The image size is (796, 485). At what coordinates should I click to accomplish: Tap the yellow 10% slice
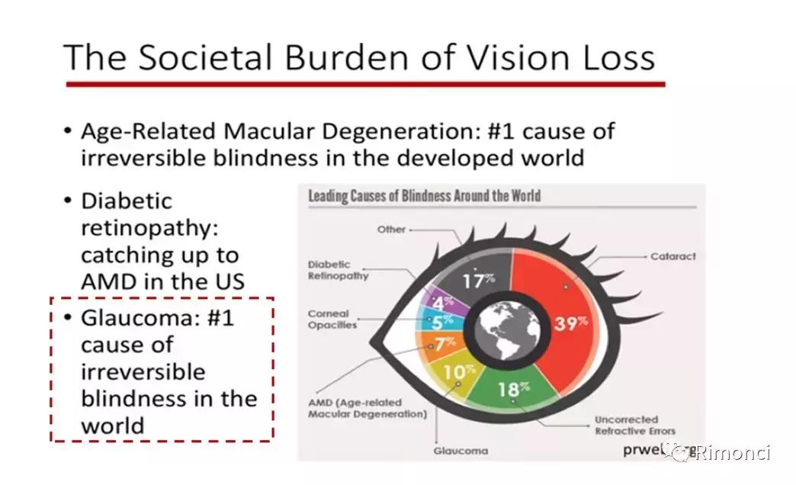[454, 377]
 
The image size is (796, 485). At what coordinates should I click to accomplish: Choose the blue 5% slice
[440, 321]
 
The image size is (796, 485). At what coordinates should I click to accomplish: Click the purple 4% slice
[445, 302]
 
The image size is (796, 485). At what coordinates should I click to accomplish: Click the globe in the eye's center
[508, 329]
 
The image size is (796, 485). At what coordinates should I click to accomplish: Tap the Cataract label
[672, 256]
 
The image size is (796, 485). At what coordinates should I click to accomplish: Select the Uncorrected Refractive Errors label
[635, 426]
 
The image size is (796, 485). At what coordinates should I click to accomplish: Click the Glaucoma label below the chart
[461, 451]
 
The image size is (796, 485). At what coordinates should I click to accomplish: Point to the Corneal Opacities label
[332, 320]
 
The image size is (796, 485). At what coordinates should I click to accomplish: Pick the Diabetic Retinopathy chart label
[338, 270]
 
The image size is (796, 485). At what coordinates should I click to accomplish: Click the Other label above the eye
[391, 230]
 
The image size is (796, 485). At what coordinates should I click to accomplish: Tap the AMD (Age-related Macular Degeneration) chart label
[368, 408]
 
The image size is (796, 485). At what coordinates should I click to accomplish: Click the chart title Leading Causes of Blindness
[425, 196]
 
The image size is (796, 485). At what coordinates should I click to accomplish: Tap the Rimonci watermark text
[733, 452]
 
